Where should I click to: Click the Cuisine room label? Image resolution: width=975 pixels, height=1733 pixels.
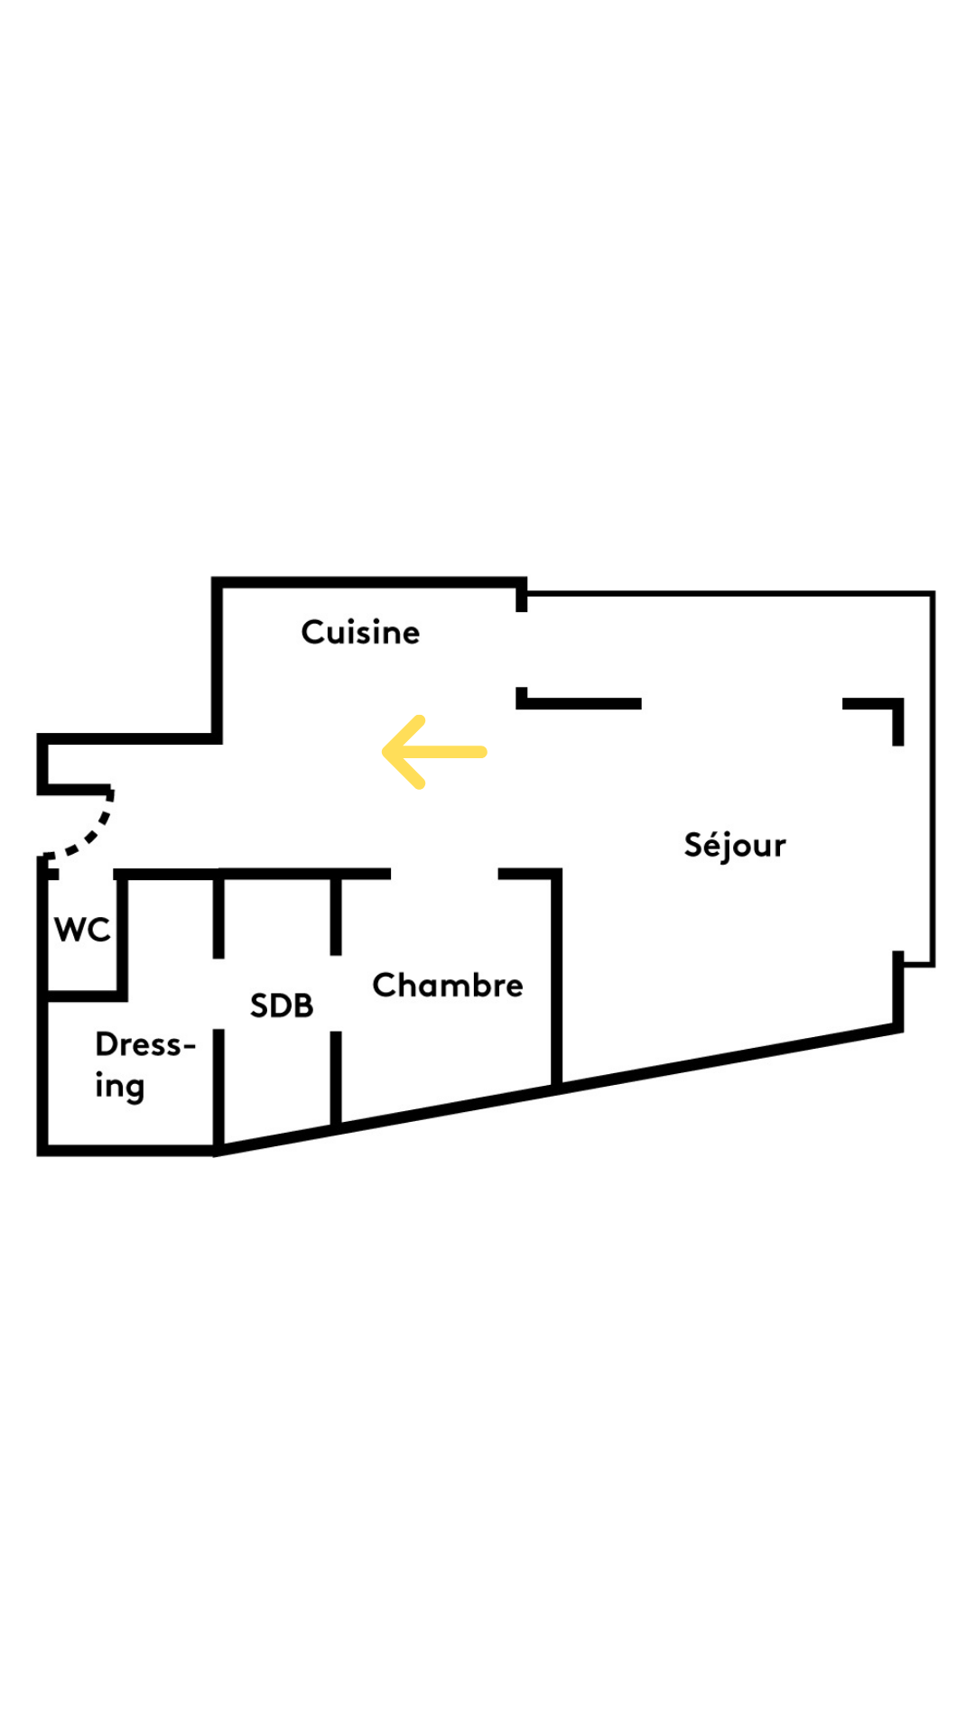[x=360, y=633]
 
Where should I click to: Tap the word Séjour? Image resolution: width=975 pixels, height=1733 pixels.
[x=734, y=846]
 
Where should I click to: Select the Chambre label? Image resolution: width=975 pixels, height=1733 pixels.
[x=447, y=985]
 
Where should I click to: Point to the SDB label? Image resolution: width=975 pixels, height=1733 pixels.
[x=282, y=1006]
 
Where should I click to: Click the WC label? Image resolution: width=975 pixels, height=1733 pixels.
[x=82, y=930]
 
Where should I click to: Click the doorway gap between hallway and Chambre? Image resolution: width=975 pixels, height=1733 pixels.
[x=444, y=874]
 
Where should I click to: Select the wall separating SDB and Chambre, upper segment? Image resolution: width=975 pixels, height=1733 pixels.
[x=336, y=913]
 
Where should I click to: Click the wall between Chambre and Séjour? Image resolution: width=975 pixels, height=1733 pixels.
[x=557, y=979]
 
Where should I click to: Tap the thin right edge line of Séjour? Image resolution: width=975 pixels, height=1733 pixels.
[x=933, y=776]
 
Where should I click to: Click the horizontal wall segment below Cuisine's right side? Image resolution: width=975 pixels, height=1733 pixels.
[x=582, y=703]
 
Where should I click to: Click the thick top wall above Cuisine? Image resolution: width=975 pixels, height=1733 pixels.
[x=370, y=582]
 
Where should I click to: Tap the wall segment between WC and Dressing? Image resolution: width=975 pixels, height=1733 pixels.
[x=83, y=996]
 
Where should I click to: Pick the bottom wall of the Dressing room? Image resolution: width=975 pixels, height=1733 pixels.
[x=126, y=1150]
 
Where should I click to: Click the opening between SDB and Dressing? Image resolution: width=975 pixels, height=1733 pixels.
[x=218, y=993]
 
